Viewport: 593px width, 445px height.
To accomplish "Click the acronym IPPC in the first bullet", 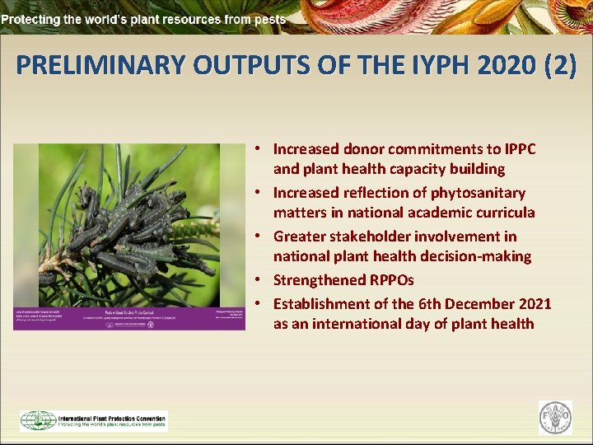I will tap(515, 149).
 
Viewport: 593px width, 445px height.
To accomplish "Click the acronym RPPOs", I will tap(395, 280).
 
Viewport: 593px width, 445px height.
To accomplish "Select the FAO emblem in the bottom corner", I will tap(556, 417).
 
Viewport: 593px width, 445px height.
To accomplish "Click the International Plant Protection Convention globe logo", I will tap(38, 421).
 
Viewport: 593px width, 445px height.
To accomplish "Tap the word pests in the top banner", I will tap(269, 18).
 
